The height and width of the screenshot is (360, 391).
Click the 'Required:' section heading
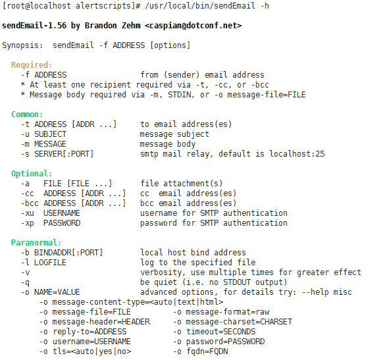pos(32,65)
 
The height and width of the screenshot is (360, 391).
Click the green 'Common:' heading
pos(27,115)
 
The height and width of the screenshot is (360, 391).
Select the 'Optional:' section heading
pos(32,174)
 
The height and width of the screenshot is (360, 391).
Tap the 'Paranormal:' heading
pos(36,243)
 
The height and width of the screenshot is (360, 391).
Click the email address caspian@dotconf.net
pos(194,26)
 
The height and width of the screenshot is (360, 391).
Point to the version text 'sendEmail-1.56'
pos(34,26)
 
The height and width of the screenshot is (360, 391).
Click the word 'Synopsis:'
pos(22,45)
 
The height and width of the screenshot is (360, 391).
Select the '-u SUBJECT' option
pos(43,134)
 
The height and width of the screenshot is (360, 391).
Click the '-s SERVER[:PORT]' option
pos(57,154)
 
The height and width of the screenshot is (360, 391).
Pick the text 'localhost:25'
pos(297,154)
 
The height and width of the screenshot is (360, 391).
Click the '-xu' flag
pos(28,213)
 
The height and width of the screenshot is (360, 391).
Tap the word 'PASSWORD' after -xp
pos(62,223)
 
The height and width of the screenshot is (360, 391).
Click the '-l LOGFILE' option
pos(43,263)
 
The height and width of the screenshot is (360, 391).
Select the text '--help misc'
pos(327,292)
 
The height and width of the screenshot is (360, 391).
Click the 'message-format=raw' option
pos(227,312)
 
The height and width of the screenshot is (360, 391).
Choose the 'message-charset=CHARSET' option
pos(239,322)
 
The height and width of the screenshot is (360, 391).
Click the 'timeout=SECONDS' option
pos(221,332)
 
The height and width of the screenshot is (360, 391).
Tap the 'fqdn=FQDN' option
pos(207,351)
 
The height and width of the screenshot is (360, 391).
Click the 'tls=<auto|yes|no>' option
pos(91,351)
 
